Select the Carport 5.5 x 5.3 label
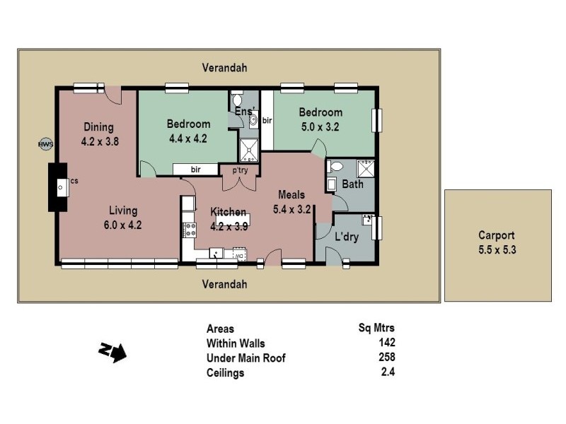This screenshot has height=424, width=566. [x=496, y=242]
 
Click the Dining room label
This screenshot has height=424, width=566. [x=99, y=134]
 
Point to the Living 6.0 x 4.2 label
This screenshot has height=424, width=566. [x=123, y=218]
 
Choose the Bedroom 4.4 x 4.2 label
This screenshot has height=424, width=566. [x=187, y=131]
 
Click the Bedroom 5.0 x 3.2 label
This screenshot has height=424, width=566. [x=320, y=119]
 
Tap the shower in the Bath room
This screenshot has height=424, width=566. [x=366, y=170]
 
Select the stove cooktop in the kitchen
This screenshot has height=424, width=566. [x=189, y=229]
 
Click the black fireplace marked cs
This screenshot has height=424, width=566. [x=57, y=187]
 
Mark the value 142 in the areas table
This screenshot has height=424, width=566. [x=386, y=342]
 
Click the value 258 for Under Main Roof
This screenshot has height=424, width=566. [x=386, y=358]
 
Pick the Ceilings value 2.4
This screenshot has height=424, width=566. [x=386, y=372]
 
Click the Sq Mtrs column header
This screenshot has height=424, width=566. [x=377, y=328]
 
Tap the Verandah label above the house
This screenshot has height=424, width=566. [x=225, y=67]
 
